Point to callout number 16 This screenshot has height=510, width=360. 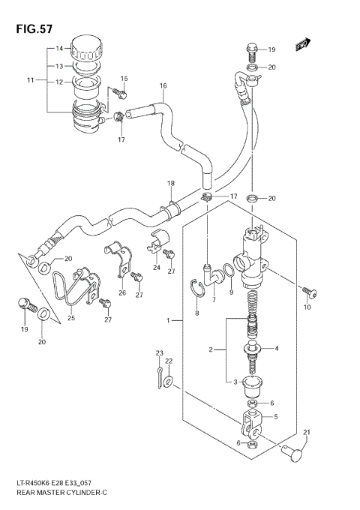coord(162,86)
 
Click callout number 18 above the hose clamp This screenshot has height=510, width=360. coord(170,184)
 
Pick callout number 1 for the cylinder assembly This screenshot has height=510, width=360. coord(170,321)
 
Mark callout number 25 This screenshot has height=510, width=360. coord(72,318)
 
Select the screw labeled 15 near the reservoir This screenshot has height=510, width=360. coord(120,93)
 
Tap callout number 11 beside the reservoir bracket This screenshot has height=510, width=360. coord(31,79)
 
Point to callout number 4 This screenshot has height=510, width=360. coord(276,348)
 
